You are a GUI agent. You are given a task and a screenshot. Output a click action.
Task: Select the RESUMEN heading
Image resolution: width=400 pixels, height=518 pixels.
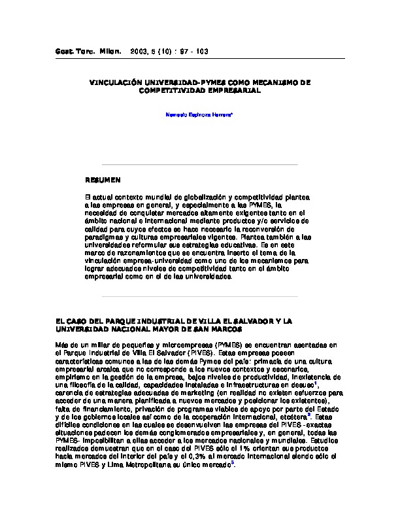103,179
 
